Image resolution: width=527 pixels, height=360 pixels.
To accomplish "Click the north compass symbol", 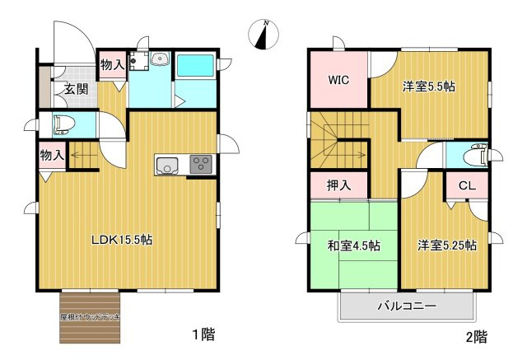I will [263, 35].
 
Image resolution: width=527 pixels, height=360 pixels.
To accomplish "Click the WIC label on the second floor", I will [338, 81].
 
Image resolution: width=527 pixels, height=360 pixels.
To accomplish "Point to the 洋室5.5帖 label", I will [429, 86].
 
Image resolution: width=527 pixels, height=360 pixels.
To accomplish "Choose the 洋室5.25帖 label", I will [445, 245].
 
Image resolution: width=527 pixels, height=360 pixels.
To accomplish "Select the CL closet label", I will [465, 185].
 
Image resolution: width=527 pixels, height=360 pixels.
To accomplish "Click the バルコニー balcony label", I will [407, 306].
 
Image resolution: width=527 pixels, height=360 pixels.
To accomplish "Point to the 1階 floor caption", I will [203, 334].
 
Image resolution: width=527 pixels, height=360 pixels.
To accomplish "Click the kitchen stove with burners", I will [200, 164].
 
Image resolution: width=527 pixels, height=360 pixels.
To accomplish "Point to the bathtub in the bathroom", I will [195, 65].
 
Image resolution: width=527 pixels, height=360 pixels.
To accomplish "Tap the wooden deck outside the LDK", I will [91, 316].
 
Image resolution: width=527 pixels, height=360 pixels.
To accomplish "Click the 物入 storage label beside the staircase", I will [52, 155].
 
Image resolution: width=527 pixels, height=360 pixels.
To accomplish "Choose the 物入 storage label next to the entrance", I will [112, 63].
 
